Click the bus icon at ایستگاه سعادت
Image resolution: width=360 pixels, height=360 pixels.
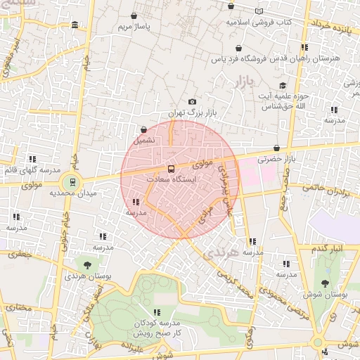(171, 169)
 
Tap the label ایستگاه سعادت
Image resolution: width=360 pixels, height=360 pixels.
(171, 180)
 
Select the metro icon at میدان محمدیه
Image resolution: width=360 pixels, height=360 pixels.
(73, 182)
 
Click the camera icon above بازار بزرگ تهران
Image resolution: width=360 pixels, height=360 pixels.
(193, 102)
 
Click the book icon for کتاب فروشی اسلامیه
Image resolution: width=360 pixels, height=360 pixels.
(259, 11)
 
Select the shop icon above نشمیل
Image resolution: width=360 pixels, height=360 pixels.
(144, 129)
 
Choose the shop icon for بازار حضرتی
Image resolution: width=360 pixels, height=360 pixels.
(276, 148)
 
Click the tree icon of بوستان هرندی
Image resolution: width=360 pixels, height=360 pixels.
(86, 265)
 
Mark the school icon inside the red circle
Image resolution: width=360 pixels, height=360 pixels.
(135, 202)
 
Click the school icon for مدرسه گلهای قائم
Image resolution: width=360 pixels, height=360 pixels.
(32, 160)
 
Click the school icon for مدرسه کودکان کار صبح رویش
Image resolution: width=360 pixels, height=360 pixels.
(156, 311)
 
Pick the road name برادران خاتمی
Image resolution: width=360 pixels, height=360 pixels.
(336, 191)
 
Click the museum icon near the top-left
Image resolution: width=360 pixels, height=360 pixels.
(75, 26)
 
